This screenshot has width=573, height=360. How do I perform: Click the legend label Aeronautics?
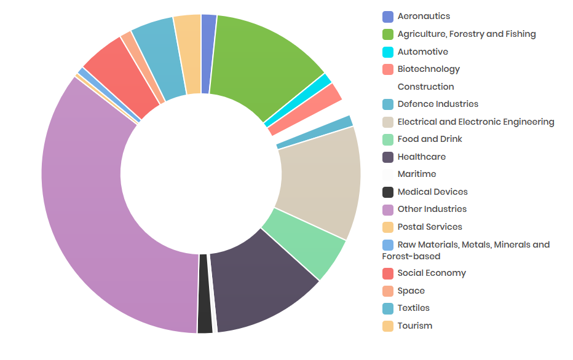(x=424, y=17)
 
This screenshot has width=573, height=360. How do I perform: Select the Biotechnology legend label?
(x=429, y=69)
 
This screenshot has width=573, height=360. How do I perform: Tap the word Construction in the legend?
(x=425, y=87)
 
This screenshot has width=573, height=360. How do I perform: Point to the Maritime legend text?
(x=417, y=174)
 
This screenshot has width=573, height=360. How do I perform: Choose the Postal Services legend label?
(x=430, y=227)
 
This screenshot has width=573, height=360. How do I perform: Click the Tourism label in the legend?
(x=415, y=326)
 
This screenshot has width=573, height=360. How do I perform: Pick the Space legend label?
(x=411, y=291)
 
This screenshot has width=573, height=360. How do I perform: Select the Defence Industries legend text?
(x=438, y=104)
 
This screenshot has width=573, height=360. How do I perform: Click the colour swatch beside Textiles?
(x=388, y=308)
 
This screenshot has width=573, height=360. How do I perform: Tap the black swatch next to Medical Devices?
(x=388, y=192)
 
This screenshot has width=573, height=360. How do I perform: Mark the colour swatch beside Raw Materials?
(x=388, y=245)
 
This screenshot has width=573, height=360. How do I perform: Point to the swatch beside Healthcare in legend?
(x=388, y=157)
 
